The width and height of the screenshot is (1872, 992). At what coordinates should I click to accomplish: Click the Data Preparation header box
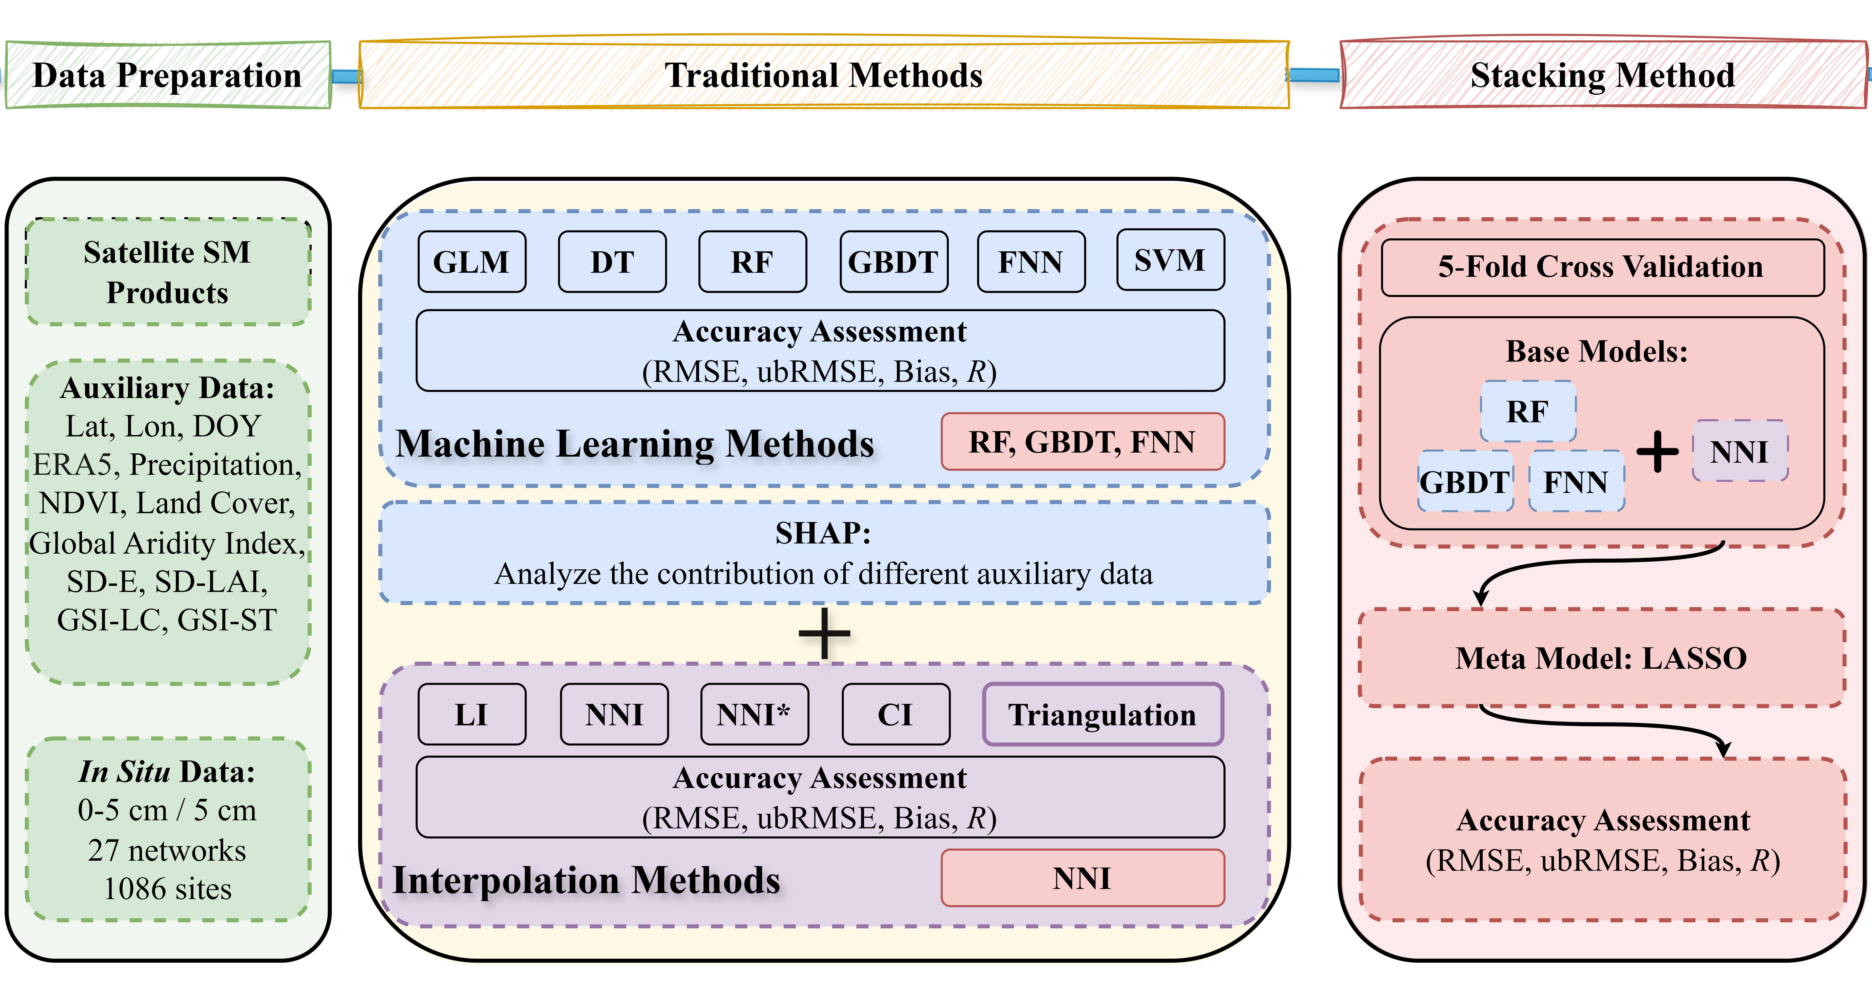point(168,75)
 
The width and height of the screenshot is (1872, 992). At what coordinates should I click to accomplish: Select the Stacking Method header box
point(1602,75)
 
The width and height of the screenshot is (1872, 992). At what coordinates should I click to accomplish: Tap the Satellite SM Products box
point(168,272)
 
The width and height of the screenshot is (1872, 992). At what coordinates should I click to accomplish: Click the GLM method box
point(472,262)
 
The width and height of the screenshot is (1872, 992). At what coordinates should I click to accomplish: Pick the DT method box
point(612,262)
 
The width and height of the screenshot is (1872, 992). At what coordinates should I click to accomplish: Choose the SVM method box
point(1170,260)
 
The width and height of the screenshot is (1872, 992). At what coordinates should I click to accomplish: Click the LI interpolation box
point(472,714)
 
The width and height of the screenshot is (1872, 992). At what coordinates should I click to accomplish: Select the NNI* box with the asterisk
point(754,714)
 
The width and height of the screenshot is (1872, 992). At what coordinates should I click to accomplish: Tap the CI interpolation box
point(895,714)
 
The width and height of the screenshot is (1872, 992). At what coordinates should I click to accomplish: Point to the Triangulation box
point(1102,714)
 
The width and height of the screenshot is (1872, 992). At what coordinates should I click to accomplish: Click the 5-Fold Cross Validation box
point(1602,267)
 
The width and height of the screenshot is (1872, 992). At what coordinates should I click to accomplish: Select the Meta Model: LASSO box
point(1602,658)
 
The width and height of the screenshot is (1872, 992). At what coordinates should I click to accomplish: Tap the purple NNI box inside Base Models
point(1739,451)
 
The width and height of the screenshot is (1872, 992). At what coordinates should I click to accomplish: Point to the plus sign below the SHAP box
point(824,633)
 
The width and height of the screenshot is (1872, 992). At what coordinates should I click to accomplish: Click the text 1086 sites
point(168,889)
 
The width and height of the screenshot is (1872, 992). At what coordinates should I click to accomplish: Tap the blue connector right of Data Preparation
point(346,76)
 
